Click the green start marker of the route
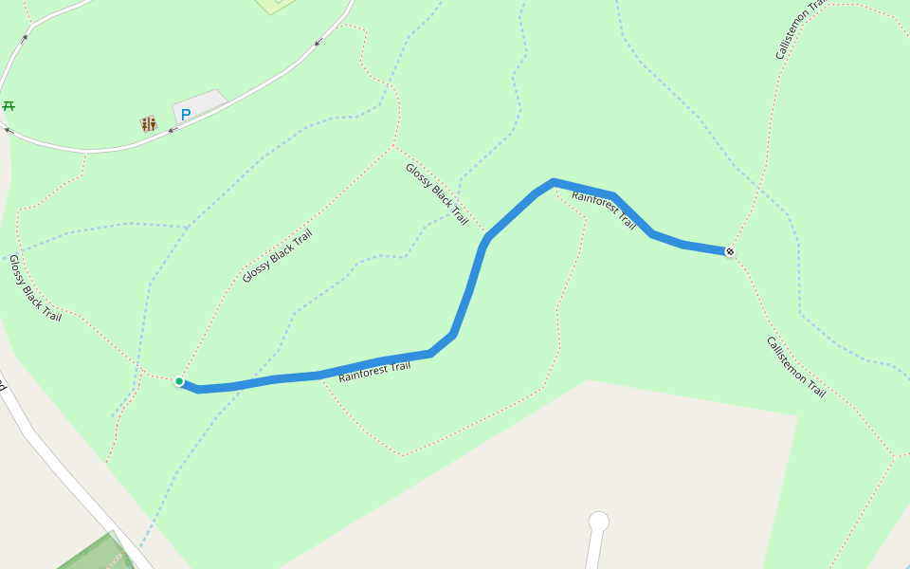(179, 381)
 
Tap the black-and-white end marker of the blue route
(730, 251)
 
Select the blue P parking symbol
(186, 115)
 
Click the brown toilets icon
(148, 123)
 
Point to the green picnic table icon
(9, 106)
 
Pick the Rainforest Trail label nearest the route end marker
(604, 210)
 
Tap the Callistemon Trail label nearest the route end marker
(795, 366)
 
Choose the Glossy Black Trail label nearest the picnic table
(35, 287)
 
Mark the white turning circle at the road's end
(598, 522)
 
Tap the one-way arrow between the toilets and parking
(172, 130)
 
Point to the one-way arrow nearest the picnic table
(9, 131)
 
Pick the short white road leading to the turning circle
(593, 550)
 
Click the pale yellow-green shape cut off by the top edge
(276, 5)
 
